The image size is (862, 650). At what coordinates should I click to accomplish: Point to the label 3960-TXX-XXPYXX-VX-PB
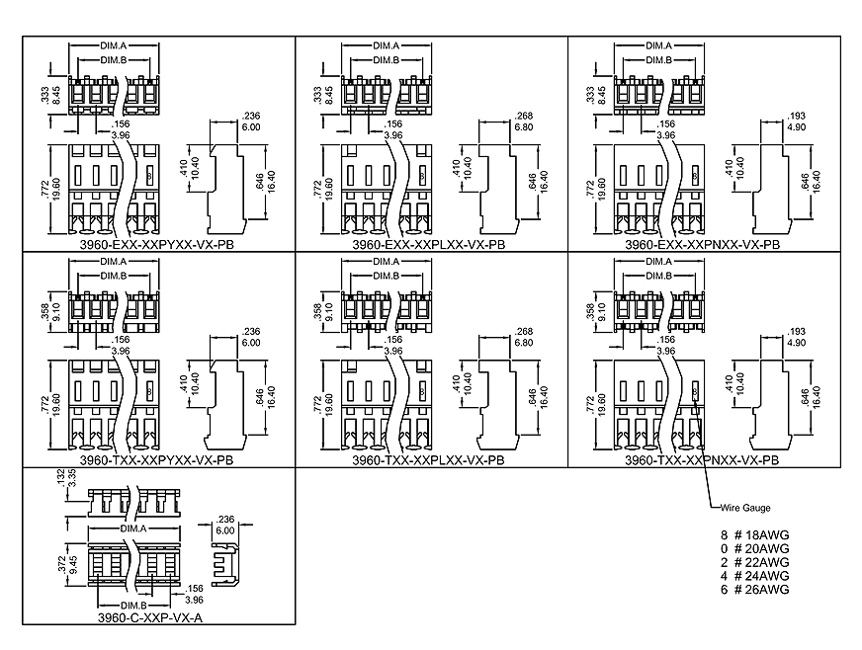[x=156, y=459]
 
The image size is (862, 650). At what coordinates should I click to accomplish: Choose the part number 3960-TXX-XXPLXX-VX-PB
[x=429, y=459]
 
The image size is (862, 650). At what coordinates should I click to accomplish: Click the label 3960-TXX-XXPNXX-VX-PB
[x=702, y=459]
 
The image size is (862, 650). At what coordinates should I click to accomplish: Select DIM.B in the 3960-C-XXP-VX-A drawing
[x=134, y=604]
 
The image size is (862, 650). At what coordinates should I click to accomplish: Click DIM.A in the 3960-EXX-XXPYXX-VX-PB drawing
[x=112, y=46]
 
